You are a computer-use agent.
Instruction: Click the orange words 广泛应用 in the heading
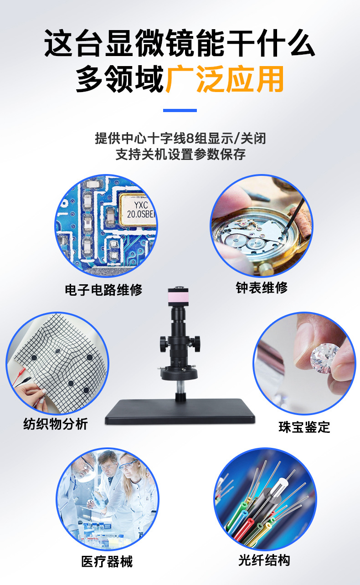coord(225,79)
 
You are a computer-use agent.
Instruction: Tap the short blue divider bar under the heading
coord(180,110)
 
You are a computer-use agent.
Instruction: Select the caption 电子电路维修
coord(104,290)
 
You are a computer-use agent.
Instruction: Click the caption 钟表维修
coord(262,287)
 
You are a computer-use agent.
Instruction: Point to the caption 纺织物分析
coord(56,424)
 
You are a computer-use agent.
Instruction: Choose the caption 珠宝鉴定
coord(304,427)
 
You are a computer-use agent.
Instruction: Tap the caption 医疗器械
coord(107,561)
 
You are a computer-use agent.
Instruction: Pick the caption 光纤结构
coord(264,560)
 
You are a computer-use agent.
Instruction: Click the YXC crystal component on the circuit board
coord(138,210)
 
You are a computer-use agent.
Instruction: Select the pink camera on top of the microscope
coord(178,297)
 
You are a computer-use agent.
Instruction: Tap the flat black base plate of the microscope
coord(180,411)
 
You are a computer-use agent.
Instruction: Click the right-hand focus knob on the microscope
coord(196,344)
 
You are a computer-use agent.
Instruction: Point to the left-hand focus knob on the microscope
coord(163,344)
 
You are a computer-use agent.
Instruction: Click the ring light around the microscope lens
coord(179,373)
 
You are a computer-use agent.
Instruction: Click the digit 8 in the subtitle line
coord(190,139)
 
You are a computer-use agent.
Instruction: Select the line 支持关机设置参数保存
coord(180,154)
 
